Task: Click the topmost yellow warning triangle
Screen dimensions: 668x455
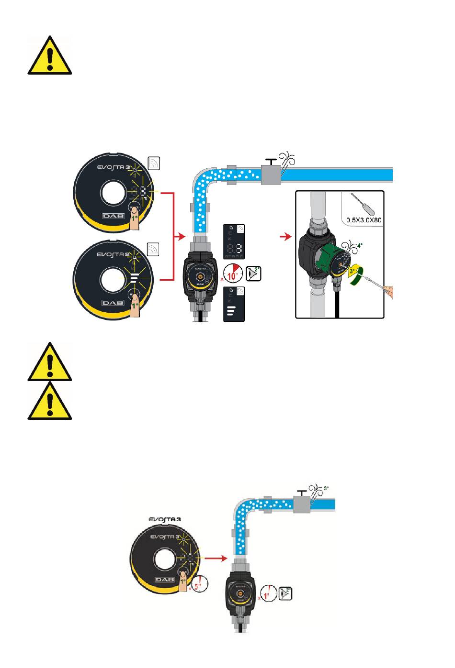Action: coord(50,57)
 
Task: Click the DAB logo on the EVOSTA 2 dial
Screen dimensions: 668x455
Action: coord(113,303)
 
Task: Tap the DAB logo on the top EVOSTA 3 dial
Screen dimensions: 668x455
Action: coord(113,216)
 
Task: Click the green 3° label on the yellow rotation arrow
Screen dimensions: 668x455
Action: coord(352,270)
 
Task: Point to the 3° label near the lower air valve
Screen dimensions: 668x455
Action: coord(327,488)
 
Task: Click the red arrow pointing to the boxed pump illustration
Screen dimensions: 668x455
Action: coord(286,237)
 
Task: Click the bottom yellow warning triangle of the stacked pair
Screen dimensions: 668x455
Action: coord(50,402)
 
